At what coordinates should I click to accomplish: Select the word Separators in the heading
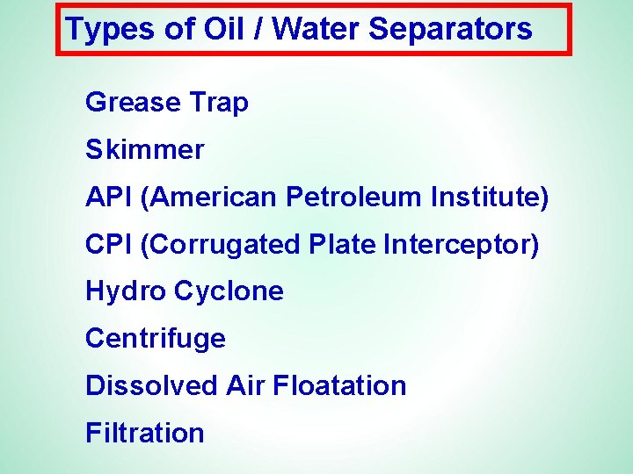pos(450,30)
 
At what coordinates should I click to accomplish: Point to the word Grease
pos(132,103)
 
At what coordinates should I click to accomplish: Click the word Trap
pos(218,103)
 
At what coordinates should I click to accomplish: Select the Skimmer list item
pos(144,150)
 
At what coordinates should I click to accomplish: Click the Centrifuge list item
pos(156,339)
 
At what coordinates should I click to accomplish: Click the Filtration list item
pos(145,434)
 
